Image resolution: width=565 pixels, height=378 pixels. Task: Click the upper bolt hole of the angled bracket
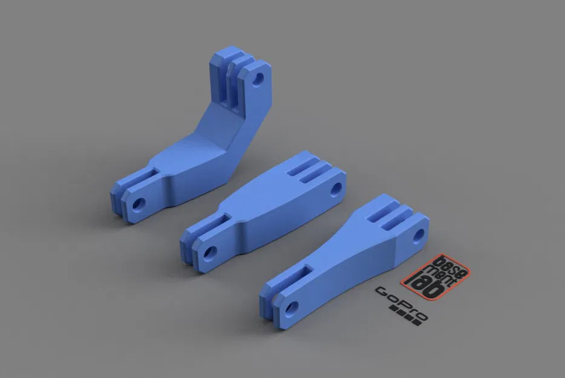(259, 79)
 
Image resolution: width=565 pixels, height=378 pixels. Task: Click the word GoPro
(400, 303)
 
